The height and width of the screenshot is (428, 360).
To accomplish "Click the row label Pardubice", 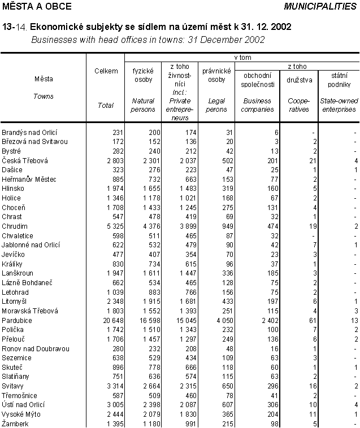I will coord(17,320).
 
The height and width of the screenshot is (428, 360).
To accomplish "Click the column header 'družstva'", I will coord(299,84).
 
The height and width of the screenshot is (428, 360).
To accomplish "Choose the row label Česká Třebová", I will coord(25,160).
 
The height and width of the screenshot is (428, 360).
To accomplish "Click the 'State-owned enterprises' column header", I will coord(338,105).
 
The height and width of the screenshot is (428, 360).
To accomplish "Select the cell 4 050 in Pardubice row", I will coord(216,320).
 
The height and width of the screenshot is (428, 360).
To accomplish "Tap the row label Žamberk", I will coord(15,423).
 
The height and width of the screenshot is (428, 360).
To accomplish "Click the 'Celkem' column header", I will coord(106,71).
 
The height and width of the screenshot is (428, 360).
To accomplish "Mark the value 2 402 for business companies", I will coord(261,320).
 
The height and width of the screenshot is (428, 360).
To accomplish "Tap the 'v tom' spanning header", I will coord(242,58).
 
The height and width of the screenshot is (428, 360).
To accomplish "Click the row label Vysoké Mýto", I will coord(21,414).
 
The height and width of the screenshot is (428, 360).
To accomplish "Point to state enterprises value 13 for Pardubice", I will coord(353,320).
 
